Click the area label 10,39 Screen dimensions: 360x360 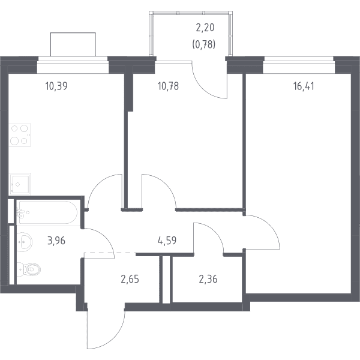tap(56, 86)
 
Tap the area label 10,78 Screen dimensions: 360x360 tap(168, 86)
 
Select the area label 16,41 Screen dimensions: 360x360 tap(304, 86)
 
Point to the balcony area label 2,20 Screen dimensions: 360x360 tap(205, 28)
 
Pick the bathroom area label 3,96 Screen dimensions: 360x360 tap(56, 241)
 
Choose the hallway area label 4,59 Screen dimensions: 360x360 tap(167, 241)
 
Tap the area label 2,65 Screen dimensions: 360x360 tap(130, 280)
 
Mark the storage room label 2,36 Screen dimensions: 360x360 tap(208, 280)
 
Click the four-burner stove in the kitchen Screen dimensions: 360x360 tap(20, 135)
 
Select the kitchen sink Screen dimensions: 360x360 tap(20, 184)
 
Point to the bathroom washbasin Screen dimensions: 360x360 tap(25, 242)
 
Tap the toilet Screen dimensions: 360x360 tap(29, 269)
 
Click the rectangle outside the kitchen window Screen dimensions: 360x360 tap(73, 44)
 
